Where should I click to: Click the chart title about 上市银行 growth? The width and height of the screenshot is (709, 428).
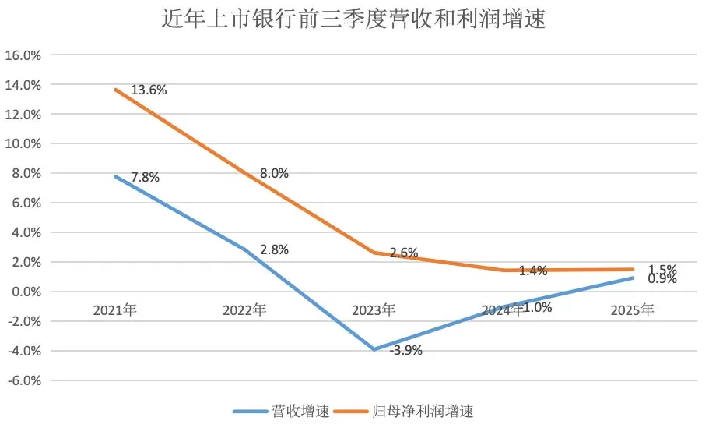[354, 19]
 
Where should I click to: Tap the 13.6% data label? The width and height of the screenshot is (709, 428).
[149, 90]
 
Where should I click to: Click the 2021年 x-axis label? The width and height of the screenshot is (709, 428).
[115, 310]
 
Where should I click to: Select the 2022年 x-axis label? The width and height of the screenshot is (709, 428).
[244, 310]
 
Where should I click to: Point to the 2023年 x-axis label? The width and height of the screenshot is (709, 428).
[374, 310]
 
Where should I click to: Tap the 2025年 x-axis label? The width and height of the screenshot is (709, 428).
[632, 310]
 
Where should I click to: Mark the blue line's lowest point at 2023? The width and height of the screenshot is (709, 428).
[374, 349]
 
